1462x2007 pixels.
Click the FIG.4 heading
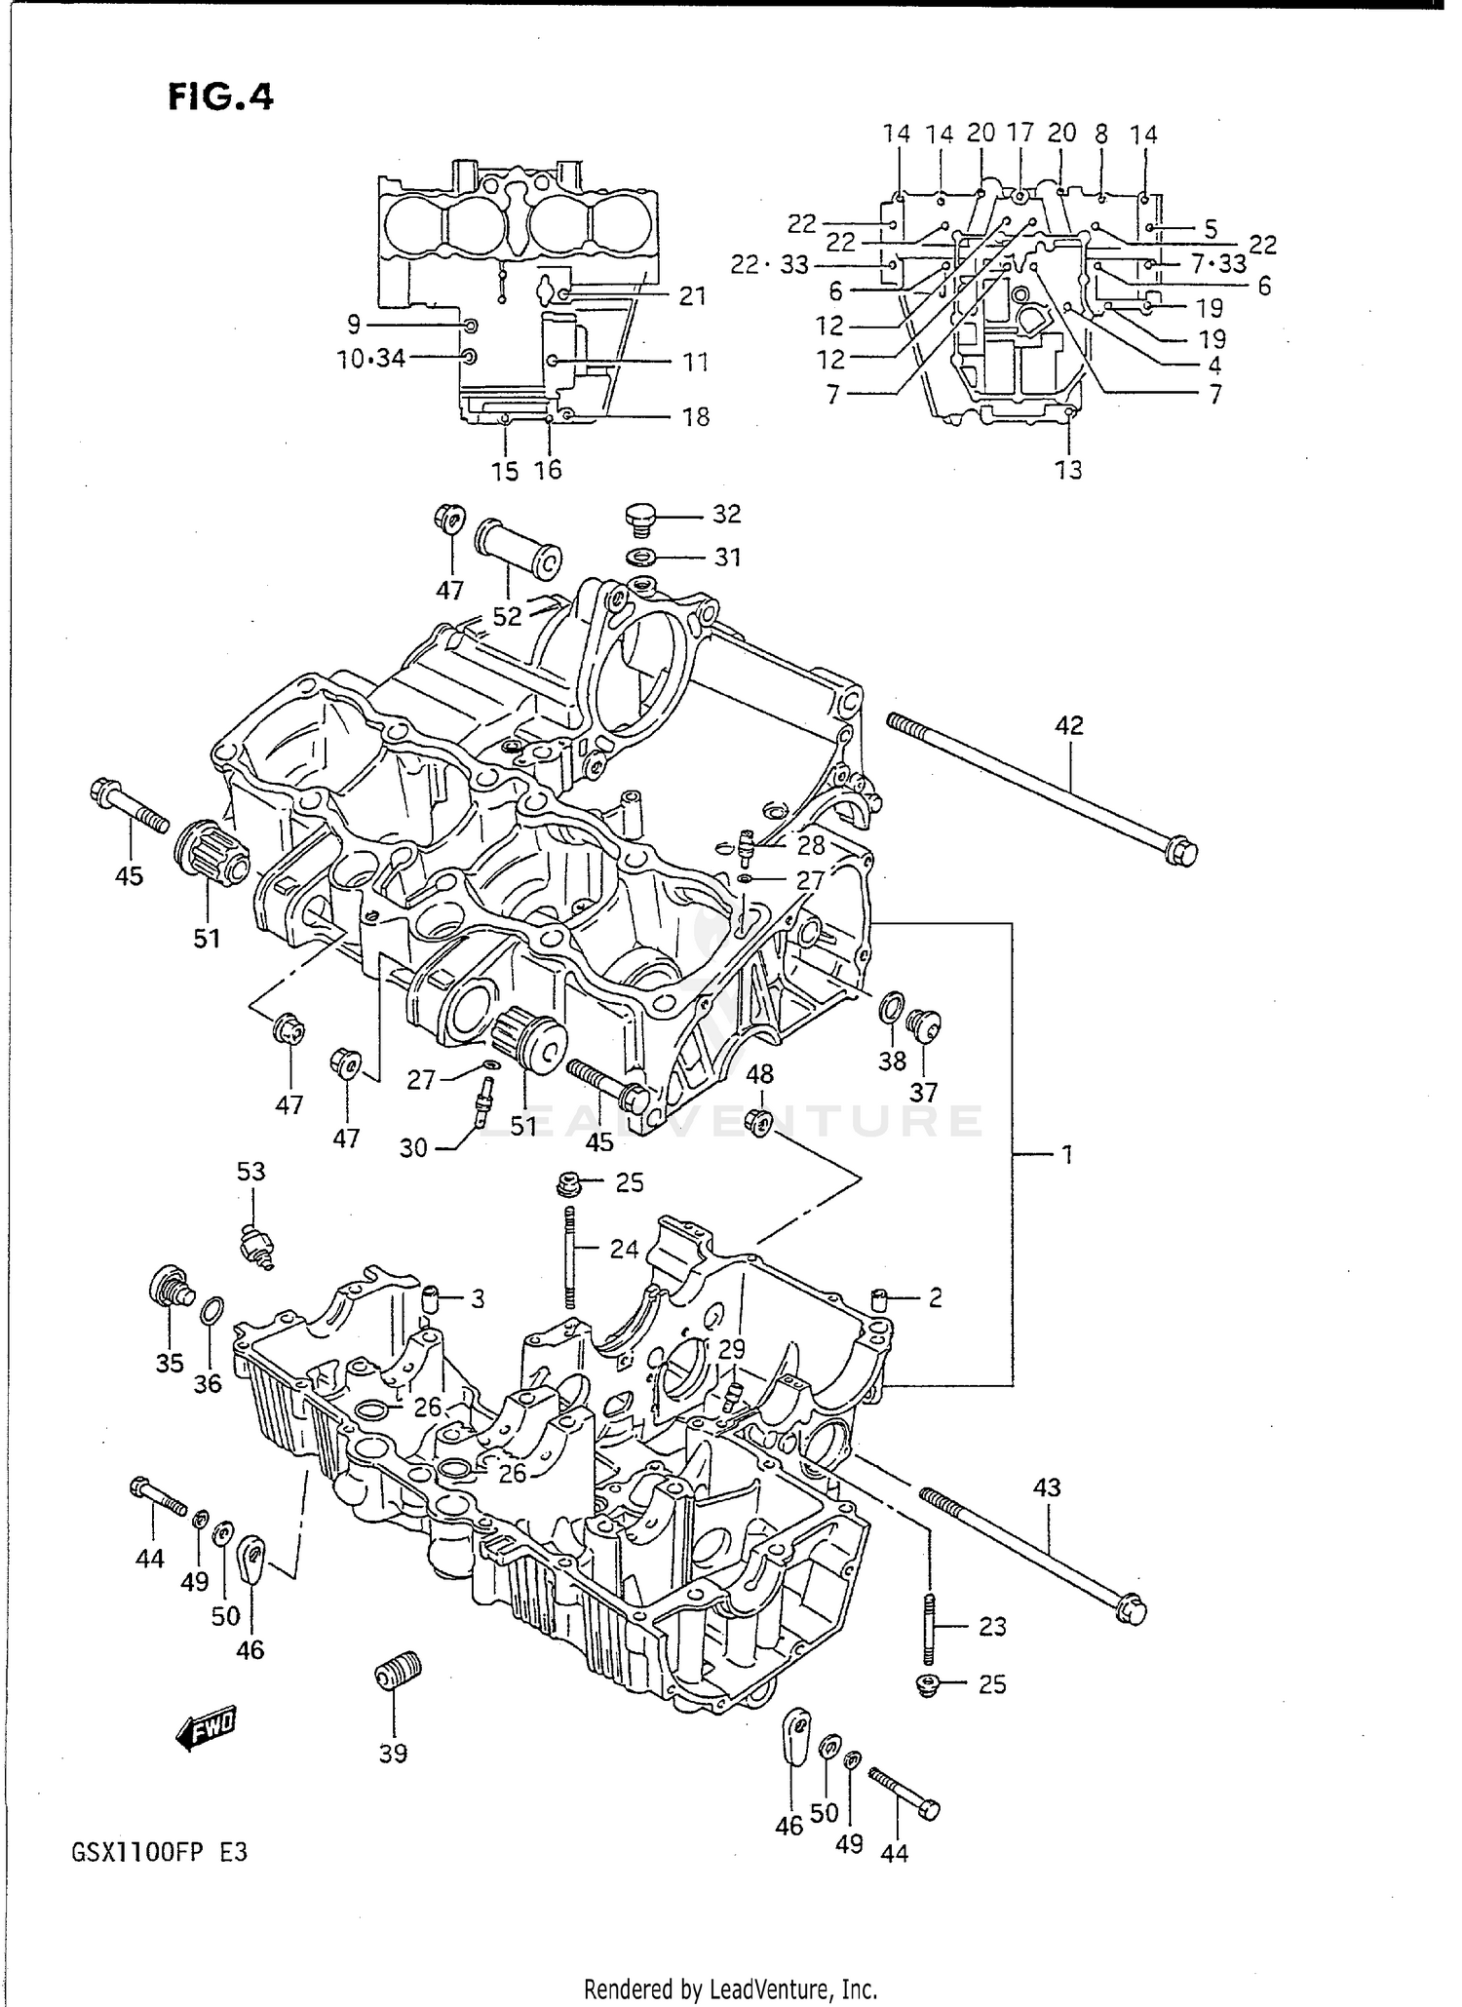(220, 96)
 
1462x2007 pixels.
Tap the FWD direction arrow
(206, 1729)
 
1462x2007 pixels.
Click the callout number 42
(1068, 725)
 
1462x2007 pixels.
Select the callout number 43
(1047, 1488)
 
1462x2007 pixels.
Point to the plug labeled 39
(398, 1675)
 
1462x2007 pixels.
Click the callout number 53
(250, 1171)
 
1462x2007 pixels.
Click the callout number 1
(1066, 1155)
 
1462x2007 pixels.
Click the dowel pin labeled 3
(431, 1298)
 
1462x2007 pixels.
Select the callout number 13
(1068, 470)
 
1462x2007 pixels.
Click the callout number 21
(692, 296)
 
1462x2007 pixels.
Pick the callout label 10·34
(371, 359)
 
